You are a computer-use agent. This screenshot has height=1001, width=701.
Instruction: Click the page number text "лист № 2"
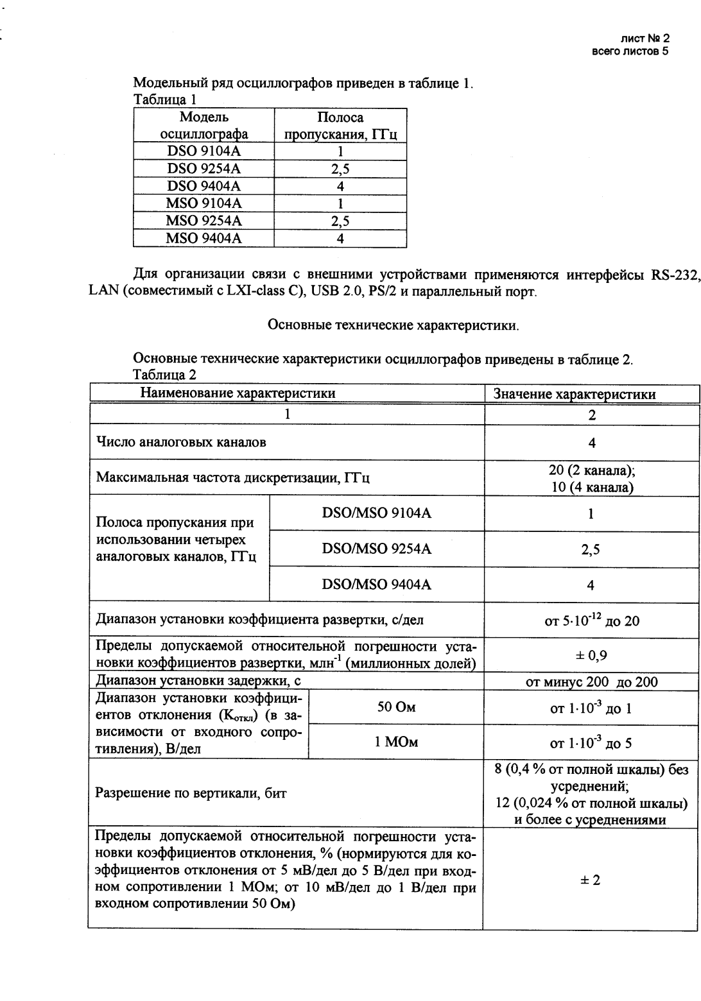(645, 40)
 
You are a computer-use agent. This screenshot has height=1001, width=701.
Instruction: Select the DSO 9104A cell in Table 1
(204, 151)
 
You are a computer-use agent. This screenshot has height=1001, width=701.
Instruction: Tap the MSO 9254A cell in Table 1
(204, 221)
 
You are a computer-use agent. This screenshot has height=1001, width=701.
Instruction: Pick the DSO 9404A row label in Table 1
(204, 186)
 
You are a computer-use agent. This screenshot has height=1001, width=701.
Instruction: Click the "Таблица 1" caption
(164, 99)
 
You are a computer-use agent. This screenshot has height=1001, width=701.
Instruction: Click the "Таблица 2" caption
(164, 374)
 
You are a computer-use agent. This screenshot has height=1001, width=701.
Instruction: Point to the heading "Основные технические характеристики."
(393, 325)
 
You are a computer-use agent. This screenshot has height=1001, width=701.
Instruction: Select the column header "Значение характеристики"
(592, 394)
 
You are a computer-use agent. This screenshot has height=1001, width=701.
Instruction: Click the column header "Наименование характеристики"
(238, 393)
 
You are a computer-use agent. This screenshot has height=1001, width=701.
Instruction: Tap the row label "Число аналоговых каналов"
(181, 442)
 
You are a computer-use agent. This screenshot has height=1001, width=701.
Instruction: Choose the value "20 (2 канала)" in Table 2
(592, 470)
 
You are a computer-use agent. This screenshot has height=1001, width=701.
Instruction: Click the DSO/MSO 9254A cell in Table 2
(377, 549)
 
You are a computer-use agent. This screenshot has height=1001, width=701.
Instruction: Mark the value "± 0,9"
(592, 655)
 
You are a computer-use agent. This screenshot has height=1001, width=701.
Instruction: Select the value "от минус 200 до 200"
(592, 682)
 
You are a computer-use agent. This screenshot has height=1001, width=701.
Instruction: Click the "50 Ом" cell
(396, 708)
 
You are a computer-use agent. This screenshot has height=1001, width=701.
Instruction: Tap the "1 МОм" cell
(396, 742)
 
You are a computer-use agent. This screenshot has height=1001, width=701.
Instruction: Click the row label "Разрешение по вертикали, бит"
(191, 793)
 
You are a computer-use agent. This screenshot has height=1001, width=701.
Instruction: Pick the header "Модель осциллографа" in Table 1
(204, 126)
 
